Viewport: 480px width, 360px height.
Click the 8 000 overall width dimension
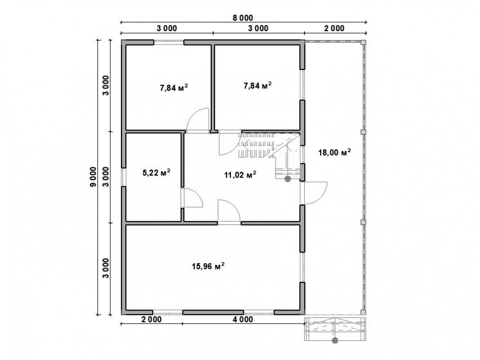[243, 18]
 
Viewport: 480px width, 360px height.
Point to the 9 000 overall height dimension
[94, 177]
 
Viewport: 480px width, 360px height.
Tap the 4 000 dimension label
[243, 319]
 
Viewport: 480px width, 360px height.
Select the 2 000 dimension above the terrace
[334, 28]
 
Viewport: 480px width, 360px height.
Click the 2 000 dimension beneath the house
[151, 319]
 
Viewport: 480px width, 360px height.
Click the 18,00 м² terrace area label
[334, 152]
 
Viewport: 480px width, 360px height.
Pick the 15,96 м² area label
[208, 266]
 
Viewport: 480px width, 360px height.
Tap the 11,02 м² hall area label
[240, 175]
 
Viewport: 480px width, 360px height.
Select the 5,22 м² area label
[156, 172]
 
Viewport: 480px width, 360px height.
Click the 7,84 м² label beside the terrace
[257, 85]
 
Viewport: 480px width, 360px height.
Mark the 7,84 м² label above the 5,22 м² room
[174, 88]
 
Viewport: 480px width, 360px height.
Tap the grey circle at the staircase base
[288, 179]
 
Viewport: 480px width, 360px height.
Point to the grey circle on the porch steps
[335, 340]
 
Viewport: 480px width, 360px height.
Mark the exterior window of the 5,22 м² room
[123, 177]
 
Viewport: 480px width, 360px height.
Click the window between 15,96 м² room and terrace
[302, 267]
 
